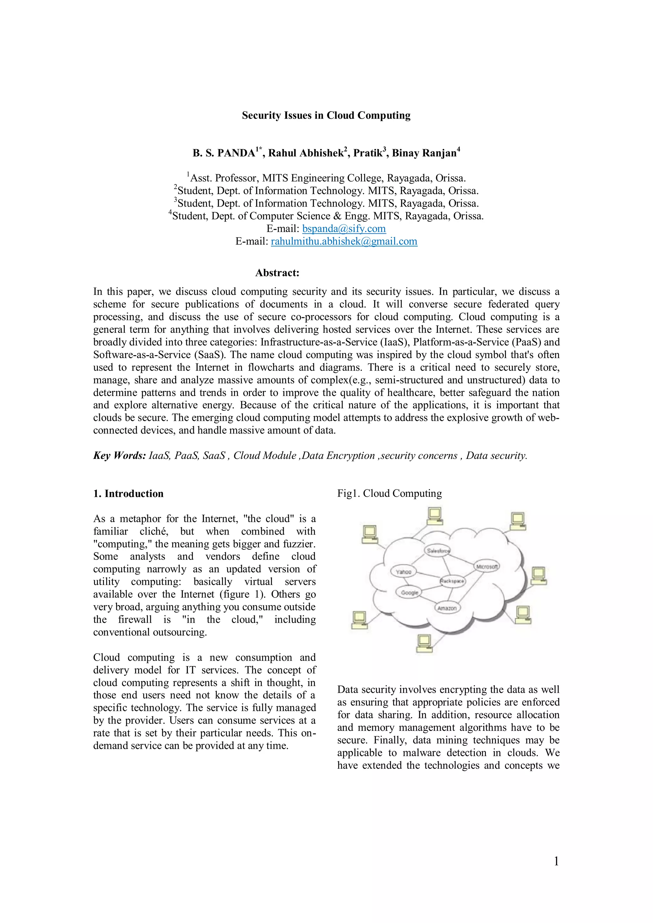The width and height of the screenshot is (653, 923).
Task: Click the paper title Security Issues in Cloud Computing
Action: click(x=326, y=115)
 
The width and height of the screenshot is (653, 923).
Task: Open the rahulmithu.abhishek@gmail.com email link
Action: click(x=344, y=241)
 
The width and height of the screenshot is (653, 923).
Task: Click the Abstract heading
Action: click(x=277, y=273)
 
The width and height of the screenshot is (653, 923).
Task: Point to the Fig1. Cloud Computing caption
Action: click(x=389, y=493)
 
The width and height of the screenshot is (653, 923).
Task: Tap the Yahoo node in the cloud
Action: click(x=403, y=572)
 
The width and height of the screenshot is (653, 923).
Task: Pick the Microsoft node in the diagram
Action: click(x=487, y=567)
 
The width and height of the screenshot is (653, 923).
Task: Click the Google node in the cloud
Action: click(x=409, y=593)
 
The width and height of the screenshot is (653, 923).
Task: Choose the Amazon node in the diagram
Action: click(x=447, y=608)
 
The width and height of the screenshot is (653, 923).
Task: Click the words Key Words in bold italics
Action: click(x=120, y=456)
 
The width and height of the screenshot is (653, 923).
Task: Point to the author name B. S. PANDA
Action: click(x=224, y=153)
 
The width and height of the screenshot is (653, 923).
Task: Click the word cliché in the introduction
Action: click(x=154, y=531)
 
